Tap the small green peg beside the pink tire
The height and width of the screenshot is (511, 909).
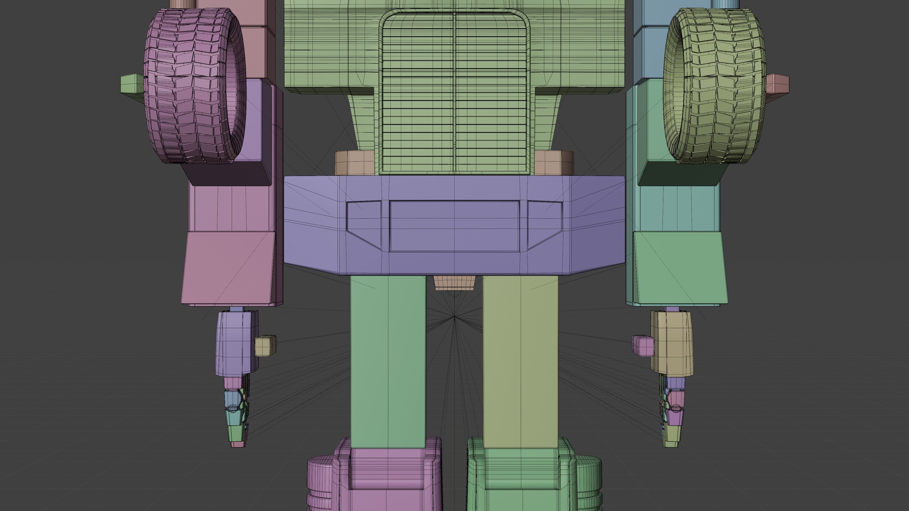pos(131,84)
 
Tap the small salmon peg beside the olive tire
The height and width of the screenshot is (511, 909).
pos(777,84)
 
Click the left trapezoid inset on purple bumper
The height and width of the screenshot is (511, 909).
pos(363,222)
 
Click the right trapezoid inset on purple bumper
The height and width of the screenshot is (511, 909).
pos(544,222)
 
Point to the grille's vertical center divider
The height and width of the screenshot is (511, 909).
pos(454,92)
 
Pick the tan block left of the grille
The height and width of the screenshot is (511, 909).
pos(354,163)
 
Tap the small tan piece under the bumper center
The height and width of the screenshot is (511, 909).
pos(454,282)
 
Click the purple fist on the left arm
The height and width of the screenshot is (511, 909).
pos(236,342)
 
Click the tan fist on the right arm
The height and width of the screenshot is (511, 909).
pos(672,342)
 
